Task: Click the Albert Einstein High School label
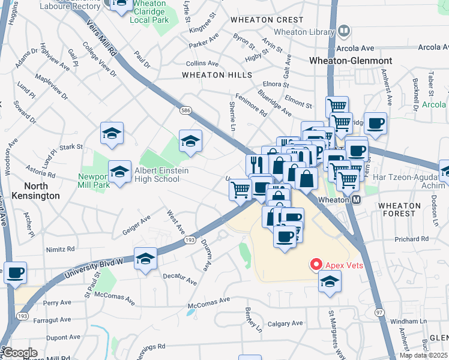(161, 175)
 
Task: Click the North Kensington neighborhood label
(33, 191)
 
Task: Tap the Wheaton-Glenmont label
(351, 61)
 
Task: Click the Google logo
(19, 352)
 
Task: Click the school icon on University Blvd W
(145, 259)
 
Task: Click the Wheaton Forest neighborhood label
(399, 209)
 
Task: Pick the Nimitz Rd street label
(62, 248)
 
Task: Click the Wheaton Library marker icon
(344, 30)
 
